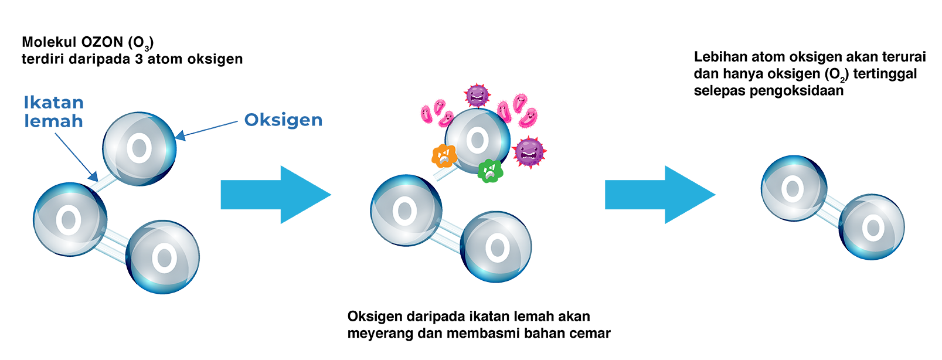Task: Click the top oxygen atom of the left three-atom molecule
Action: tap(139, 148)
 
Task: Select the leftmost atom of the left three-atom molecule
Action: tap(68, 219)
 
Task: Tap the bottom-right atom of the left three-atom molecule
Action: tap(164, 256)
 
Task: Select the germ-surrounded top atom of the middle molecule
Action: tap(477, 140)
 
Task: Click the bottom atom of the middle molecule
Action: tap(497, 247)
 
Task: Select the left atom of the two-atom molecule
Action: tap(791, 188)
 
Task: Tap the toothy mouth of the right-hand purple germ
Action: tap(530, 156)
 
